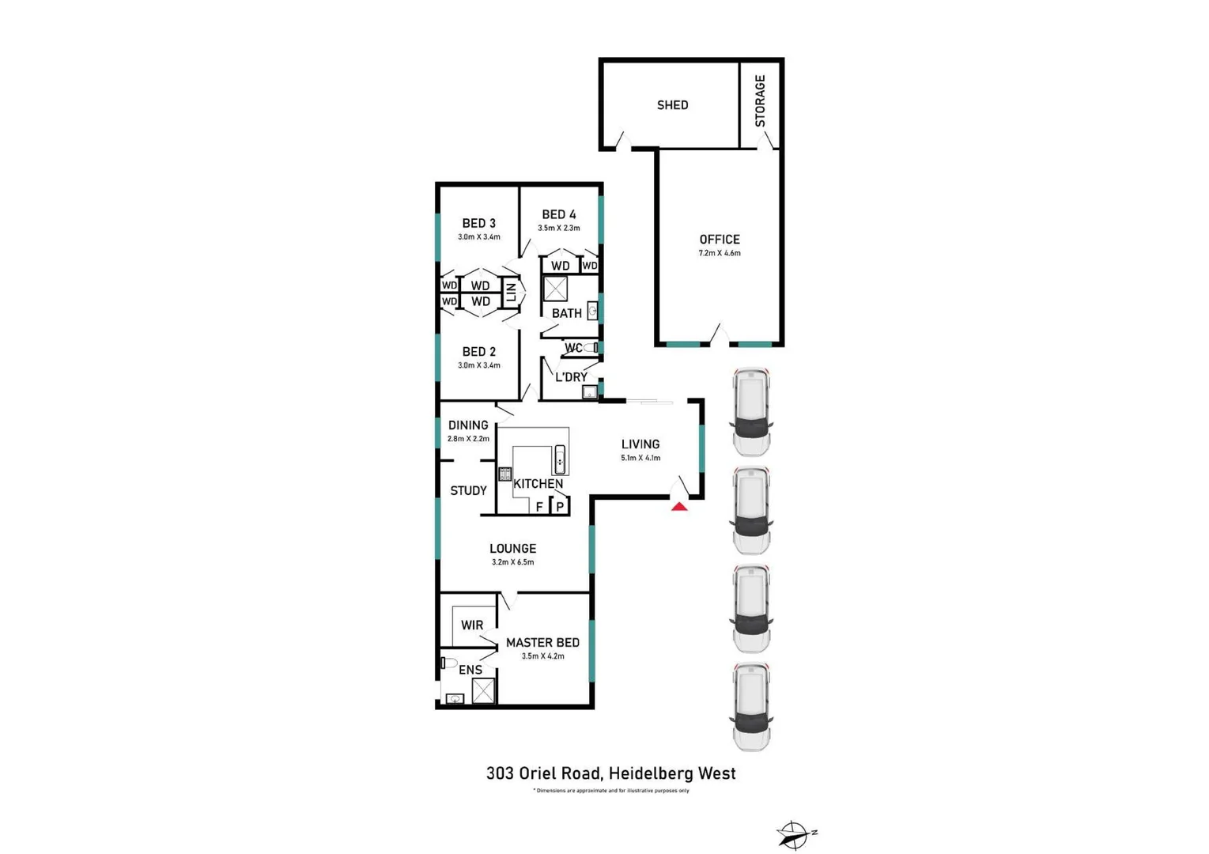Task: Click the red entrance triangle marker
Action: pyautogui.click(x=679, y=506)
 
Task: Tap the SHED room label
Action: pyautogui.click(x=672, y=105)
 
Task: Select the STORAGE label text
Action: pyautogui.click(x=760, y=100)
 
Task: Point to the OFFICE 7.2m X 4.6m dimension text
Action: pyautogui.click(x=719, y=253)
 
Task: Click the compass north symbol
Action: pyautogui.click(x=794, y=834)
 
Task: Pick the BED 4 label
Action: pyautogui.click(x=558, y=214)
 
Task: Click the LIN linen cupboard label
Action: pyautogui.click(x=511, y=292)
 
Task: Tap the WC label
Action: pyautogui.click(x=573, y=348)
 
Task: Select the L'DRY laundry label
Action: pyautogui.click(x=571, y=377)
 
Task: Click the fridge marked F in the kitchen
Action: pyautogui.click(x=539, y=506)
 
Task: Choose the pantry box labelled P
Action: pyautogui.click(x=560, y=506)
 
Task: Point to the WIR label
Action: pyautogui.click(x=472, y=625)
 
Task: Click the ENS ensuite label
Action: pyautogui.click(x=470, y=670)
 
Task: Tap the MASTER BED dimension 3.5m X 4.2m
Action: pyautogui.click(x=542, y=656)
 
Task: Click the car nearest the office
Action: pyautogui.click(x=751, y=411)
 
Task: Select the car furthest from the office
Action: pyautogui.click(x=751, y=706)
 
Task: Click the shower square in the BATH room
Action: pyautogui.click(x=555, y=289)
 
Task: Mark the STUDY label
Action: pyautogui.click(x=468, y=490)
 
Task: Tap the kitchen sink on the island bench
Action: pyautogui.click(x=560, y=459)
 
